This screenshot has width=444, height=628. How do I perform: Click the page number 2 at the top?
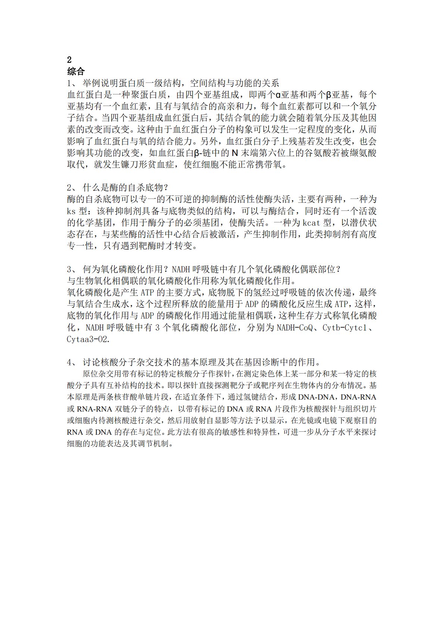click(x=69, y=60)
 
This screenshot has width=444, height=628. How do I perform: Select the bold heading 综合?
click(x=76, y=71)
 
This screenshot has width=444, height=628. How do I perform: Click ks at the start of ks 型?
click(x=71, y=211)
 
